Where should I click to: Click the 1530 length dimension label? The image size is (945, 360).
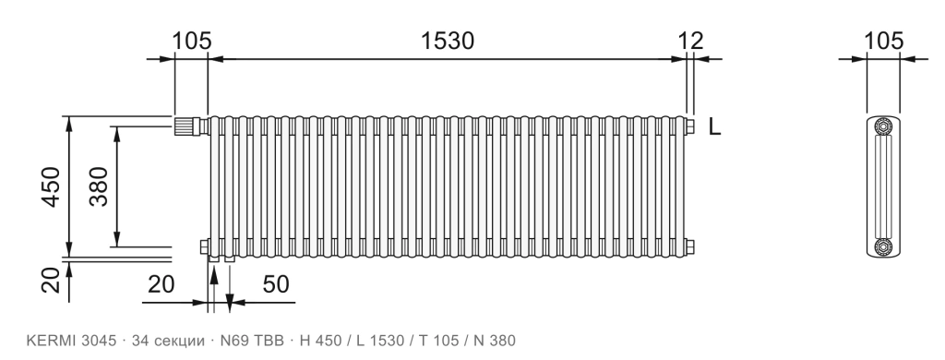pyautogui.click(x=448, y=41)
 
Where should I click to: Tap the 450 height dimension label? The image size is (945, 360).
pyautogui.click(x=52, y=187)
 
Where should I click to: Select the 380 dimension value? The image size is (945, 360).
pyautogui.click(x=99, y=187)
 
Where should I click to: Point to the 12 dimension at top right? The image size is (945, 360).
pyautogui.click(x=690, y=41)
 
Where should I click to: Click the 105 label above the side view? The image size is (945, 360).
pyautogui.click(x=883, y=41)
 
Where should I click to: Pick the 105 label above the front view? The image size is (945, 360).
pyautogui.click(x=192, y=41)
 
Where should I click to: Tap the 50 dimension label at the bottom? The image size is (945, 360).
pyautogui.click(x=276, y=284)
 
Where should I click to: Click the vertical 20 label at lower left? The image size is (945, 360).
pyautogui.click(x=52, y=281)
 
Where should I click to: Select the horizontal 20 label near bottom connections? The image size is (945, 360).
pyautogui.click(x=161, y=284)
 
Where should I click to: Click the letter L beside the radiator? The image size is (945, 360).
pyautogui.click(x=714, y=127)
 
